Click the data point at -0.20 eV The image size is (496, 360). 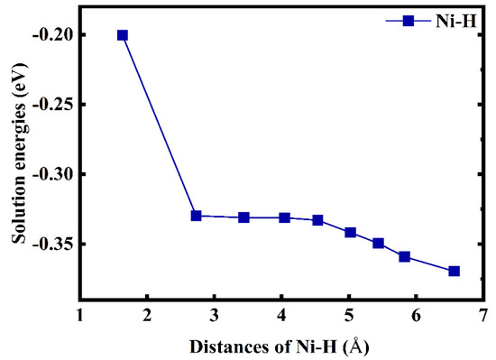pos(123,35)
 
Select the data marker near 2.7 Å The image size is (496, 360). pos(196,216)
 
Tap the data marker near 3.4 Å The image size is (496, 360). pos(243,217)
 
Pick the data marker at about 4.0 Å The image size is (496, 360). pos(284,217)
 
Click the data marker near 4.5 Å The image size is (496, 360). pos(317,220)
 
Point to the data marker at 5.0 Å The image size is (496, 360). pos(351,232)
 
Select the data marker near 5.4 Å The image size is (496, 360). pos(378,243)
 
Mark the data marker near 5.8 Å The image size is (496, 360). pos(404,256)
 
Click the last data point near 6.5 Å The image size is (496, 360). pos(454,271)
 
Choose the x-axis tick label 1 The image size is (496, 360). pos(80,315)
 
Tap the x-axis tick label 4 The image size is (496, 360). pos(281,315)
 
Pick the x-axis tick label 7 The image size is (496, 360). pos(483,315)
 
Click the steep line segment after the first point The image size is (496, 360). pos(159,125)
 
